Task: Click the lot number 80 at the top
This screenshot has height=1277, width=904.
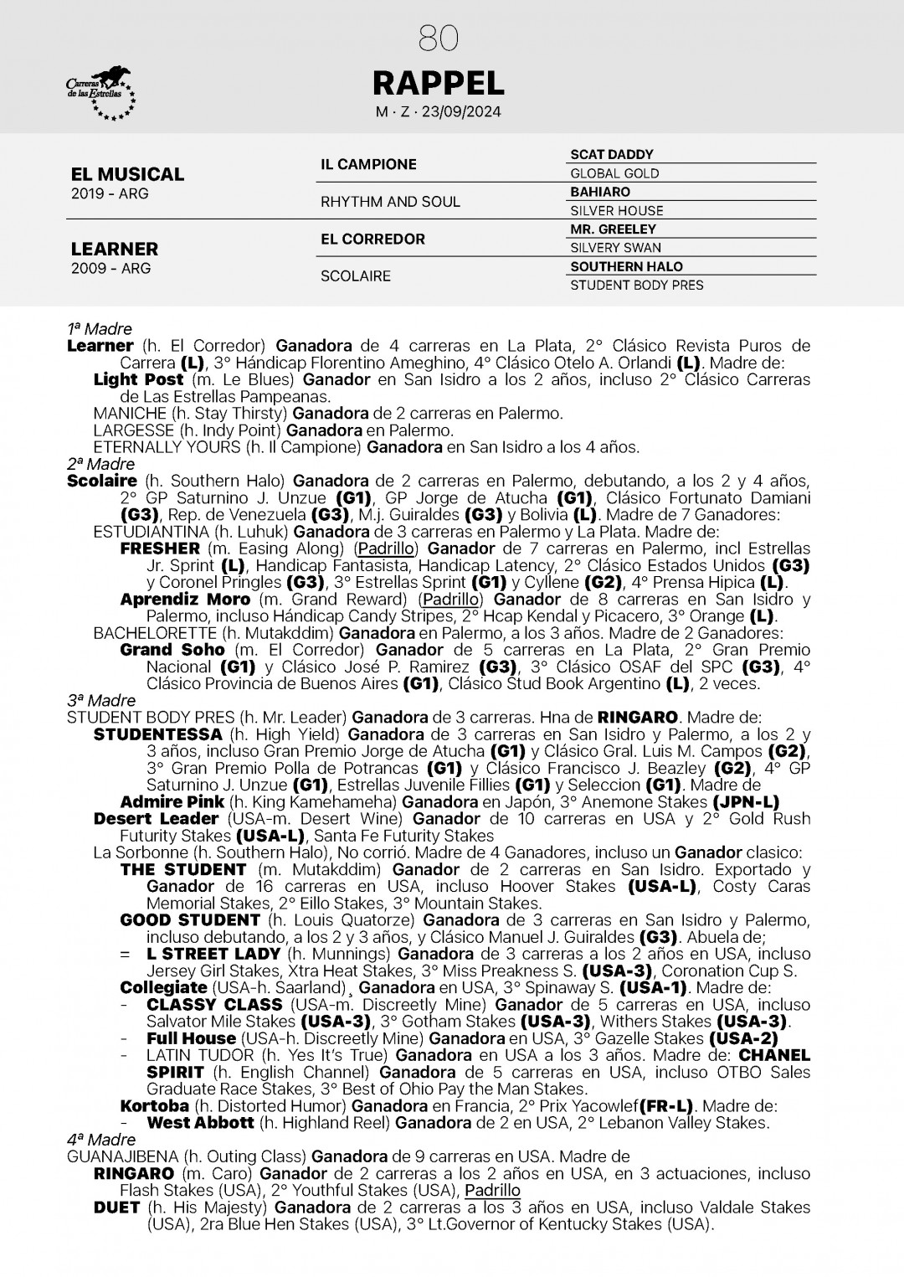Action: point(438,38)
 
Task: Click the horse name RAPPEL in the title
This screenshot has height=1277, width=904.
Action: point(438,83)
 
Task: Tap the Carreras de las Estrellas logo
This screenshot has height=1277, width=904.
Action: point(100,94)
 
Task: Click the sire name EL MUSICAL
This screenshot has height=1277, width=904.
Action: point(127,174)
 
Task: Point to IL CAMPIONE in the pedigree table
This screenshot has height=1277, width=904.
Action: point(368,164)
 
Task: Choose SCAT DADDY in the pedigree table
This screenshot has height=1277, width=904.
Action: point(612,155)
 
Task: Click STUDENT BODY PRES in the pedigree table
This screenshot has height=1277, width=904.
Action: point(637,285)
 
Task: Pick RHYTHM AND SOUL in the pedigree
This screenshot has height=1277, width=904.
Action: point(390,202)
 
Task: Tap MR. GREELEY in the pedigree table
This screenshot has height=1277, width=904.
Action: point(614,229)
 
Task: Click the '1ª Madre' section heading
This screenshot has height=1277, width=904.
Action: point(100,329)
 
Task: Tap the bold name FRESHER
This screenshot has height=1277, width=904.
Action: point(160,548)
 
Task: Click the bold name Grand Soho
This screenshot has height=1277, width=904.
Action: point(172,650)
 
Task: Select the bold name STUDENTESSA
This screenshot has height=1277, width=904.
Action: point(157,734)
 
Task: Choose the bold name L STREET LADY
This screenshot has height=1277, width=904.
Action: point(213,954)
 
